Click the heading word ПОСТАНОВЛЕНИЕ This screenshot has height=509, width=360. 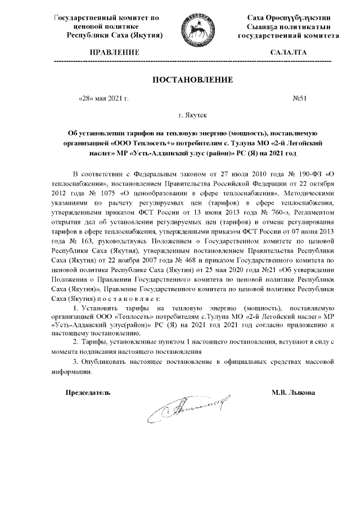[192, 80]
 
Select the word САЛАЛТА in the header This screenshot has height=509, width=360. [289, 52]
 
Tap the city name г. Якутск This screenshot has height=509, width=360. [192, 115]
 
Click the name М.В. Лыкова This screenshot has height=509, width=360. [293, 392]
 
